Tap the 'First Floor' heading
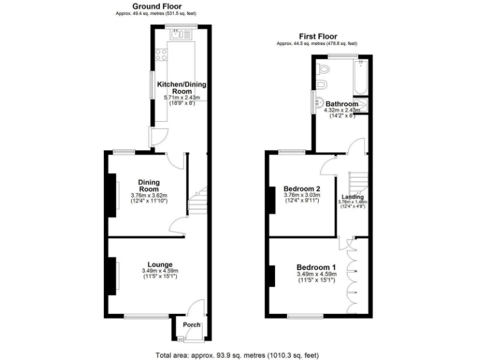[317, 37]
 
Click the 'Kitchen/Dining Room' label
[181, 87]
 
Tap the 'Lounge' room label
[160, 264]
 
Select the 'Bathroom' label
[342, 104]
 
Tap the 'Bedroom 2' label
[302, 189]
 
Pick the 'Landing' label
[352, 197]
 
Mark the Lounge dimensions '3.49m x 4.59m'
[160, 271]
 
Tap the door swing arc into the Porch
[196, 308]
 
